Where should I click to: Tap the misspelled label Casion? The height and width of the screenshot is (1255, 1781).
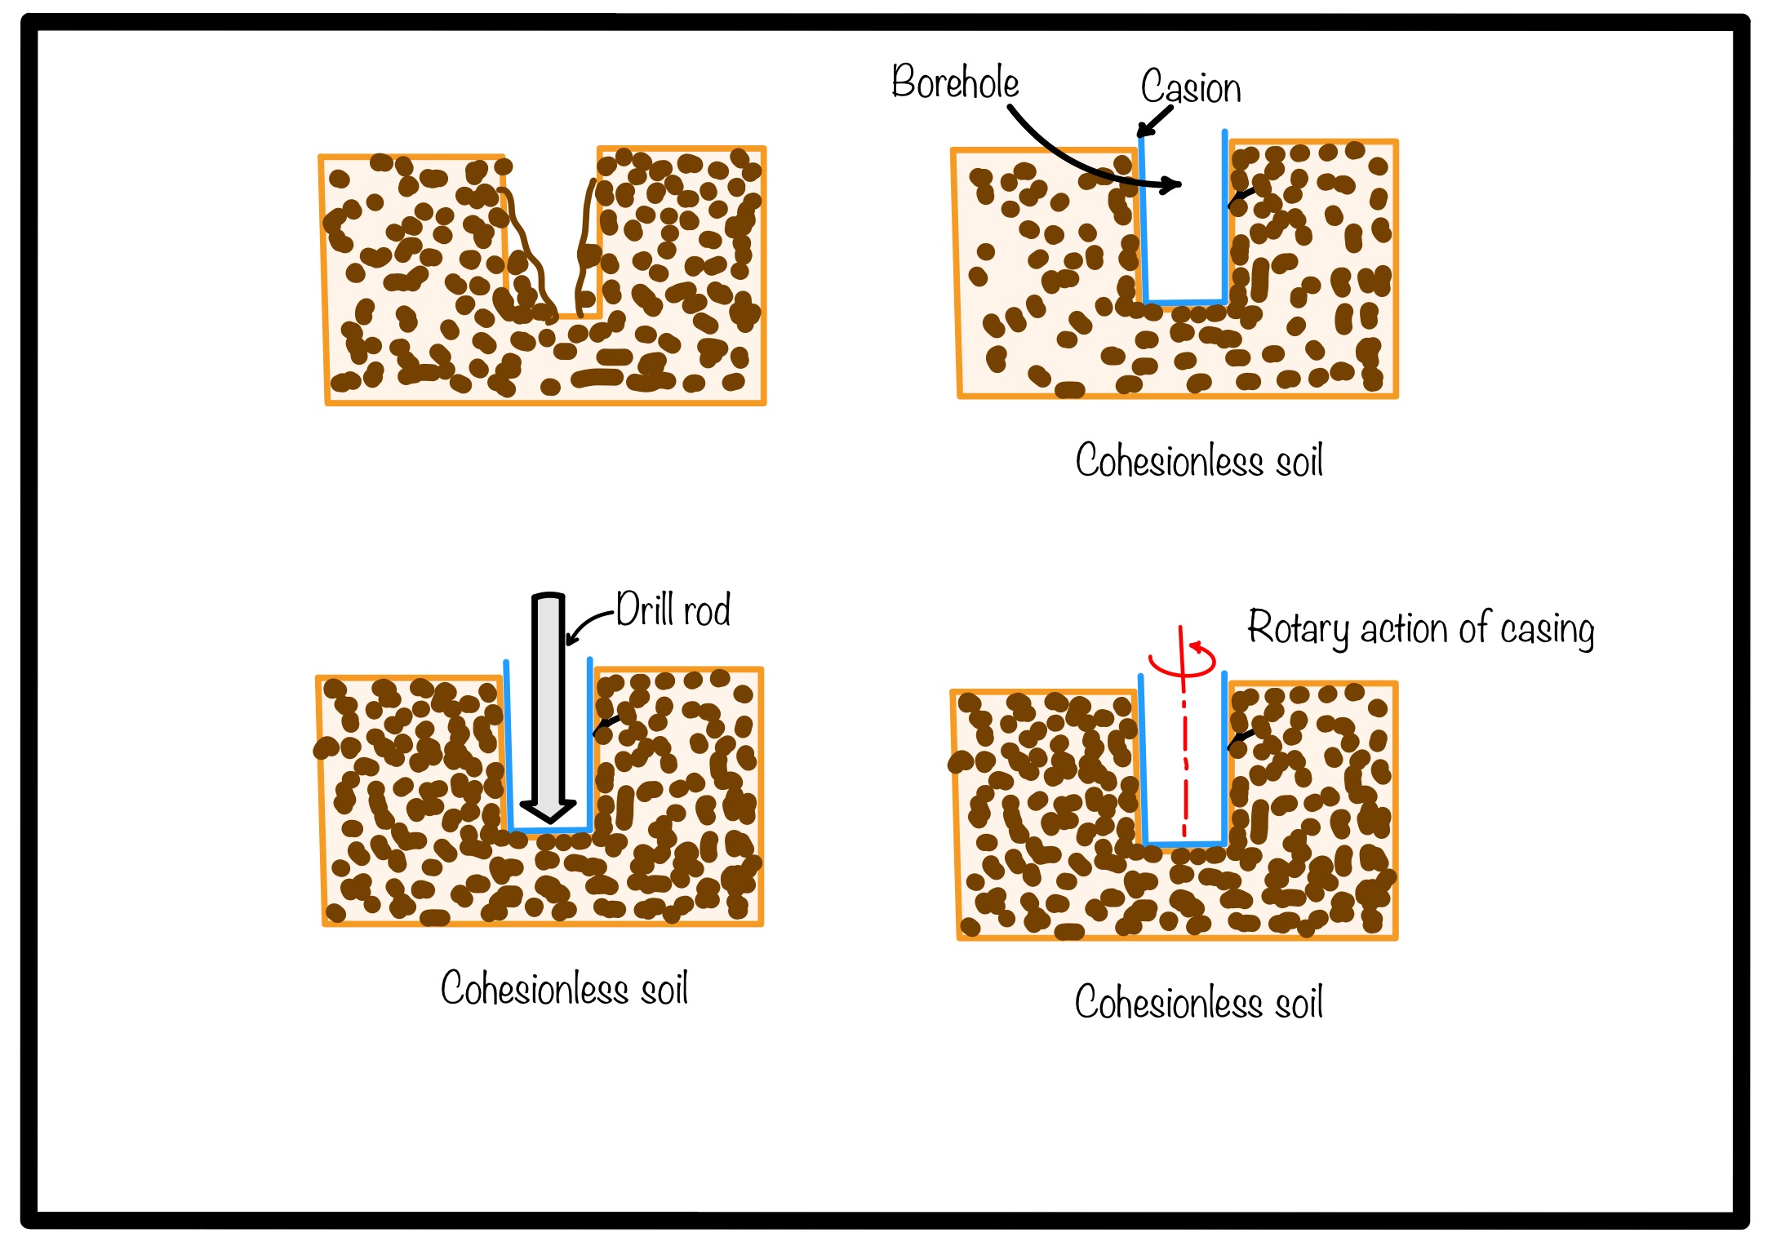pos(1191,86)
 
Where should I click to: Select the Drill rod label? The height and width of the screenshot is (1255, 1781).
pos(673,609)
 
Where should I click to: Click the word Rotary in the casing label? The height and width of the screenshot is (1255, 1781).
pos(1299,628)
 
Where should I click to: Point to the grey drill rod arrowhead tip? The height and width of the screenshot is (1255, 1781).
pos(549,820)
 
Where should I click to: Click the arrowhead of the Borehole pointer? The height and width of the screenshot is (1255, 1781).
pos(1172,184)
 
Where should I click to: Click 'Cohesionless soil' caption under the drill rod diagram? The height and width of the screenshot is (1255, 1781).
pos(564,988)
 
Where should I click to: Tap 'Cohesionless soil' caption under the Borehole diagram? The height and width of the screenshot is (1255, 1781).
pos(1199,460)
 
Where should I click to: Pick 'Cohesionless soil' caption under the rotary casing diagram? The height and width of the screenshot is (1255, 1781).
pos(1199,1002)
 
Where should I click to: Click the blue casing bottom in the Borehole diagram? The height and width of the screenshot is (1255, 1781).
pos(1186,302)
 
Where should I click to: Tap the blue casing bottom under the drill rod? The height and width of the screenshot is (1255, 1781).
pos(549,831)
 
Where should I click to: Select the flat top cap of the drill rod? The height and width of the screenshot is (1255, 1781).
pos(549,596)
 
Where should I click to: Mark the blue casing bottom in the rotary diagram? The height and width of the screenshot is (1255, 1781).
pos(1186,843)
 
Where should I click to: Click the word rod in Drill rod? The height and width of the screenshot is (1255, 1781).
pos(707,610)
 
